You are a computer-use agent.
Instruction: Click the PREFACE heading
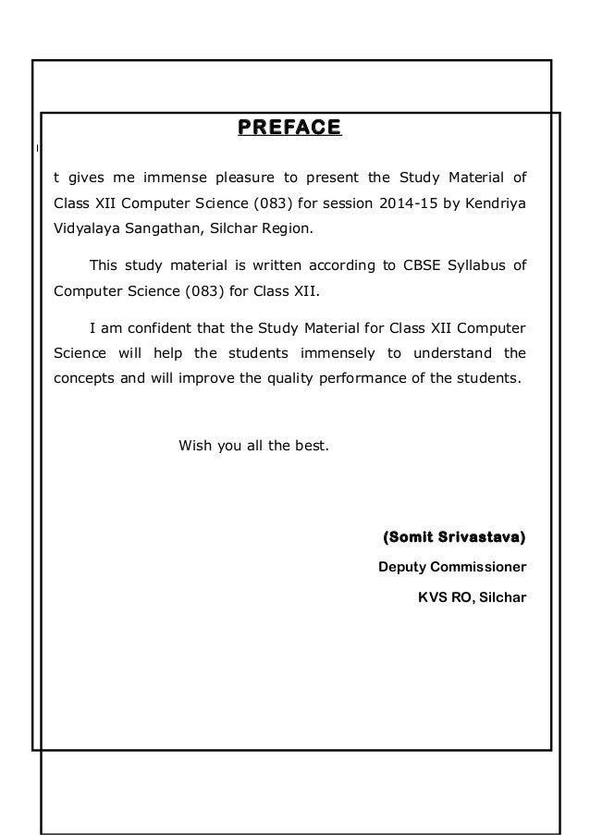click(289, 127)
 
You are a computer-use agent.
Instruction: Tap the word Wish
click(194, 446)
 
